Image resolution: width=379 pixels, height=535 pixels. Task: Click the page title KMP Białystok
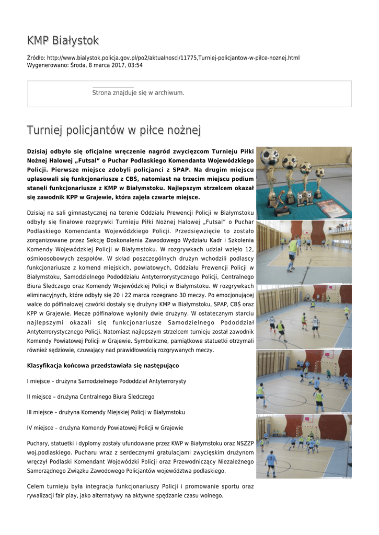pyautogui.click(x=63, y=41)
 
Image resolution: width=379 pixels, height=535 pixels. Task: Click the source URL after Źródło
pyautogui.click(x=173, y=57)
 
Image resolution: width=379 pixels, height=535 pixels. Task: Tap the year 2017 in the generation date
pyautogui.click(x=116, y=65)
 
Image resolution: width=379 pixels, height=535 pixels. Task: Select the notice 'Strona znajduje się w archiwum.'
pyautogui.click(x=138, y=92)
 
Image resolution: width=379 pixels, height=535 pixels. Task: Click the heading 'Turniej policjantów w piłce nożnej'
pyautogui.click(x=114, y=130)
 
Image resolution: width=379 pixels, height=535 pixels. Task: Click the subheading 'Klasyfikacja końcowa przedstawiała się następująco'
pyautogui.click(x=103, y=365)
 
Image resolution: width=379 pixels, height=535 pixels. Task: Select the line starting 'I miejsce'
pyautogui.click(x=107, y=381)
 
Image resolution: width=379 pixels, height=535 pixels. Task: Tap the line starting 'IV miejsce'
pyautogui.click(x=105, y=427)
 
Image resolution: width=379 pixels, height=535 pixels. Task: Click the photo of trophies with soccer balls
pyautogui.click(x=304, y=182)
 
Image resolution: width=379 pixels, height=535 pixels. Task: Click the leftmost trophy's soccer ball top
pyautogui.click(x=270, y=156)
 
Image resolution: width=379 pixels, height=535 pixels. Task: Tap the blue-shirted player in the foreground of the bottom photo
pyautogui.click(x=271, y=463)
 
